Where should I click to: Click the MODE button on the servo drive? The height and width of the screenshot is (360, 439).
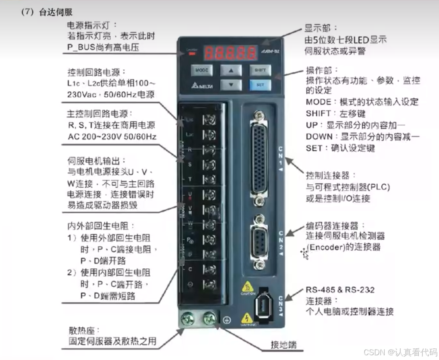(x=202, y=70)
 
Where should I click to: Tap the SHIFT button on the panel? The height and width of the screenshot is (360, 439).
(x=260, y=70)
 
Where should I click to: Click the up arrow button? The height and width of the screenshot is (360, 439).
(x=231, y=70)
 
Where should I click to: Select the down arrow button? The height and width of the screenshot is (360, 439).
(x=231, y=84)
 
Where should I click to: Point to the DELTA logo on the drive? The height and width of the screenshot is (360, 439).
(x=201, y=85)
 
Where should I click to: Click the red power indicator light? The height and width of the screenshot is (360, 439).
(x=191, y=54)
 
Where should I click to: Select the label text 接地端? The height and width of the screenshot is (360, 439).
(x=283, y=344)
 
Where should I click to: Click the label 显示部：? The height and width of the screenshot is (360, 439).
(x=318, y=28)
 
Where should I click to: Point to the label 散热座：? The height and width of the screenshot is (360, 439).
(x=84, y=331)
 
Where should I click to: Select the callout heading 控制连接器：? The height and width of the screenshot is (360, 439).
(x=331, y=176)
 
